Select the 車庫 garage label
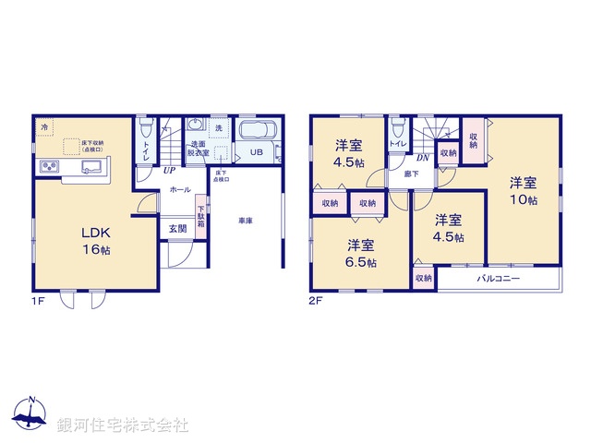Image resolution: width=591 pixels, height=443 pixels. [245, 221]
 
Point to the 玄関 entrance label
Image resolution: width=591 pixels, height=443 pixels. [177, 228]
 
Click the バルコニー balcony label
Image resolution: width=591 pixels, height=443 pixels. [499, 278]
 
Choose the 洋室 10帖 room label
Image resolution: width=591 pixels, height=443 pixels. [523, 191]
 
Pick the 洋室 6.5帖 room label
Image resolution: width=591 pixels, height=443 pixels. [361, 253]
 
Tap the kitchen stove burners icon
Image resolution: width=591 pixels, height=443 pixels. [49, 167]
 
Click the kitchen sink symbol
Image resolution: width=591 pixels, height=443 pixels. [91, 167]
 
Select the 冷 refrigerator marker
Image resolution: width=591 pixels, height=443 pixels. [44, 126]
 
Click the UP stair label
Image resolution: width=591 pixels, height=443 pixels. [169, 171]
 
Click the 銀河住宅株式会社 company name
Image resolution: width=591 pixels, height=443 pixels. [123, 425]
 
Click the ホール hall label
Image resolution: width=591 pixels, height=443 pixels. [180, 190]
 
